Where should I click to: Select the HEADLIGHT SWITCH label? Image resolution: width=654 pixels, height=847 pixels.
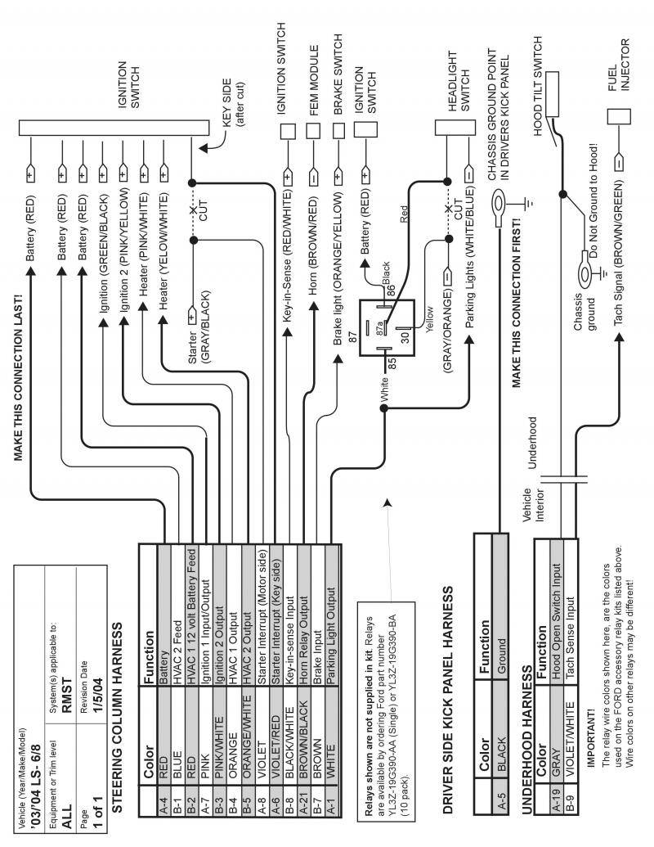tap(459, 79)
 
